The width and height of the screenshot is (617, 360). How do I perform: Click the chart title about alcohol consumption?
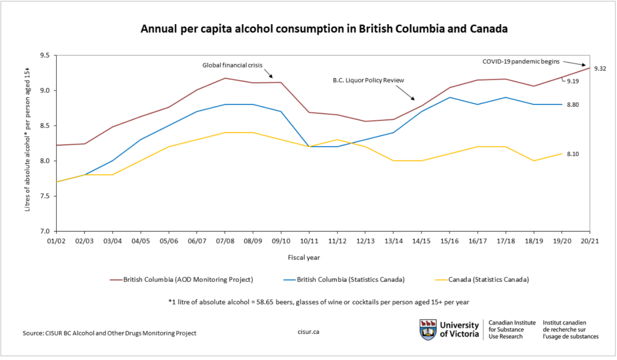click(324, 29)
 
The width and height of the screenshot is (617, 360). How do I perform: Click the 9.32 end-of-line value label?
click(600, 68)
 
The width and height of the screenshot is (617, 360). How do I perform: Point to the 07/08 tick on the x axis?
click(225, 241)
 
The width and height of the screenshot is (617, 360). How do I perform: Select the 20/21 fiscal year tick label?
click(589, 241)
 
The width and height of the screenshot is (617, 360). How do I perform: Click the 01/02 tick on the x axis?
click(56, 241)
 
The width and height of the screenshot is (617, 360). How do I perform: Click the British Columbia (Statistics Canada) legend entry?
click(341, 280)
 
